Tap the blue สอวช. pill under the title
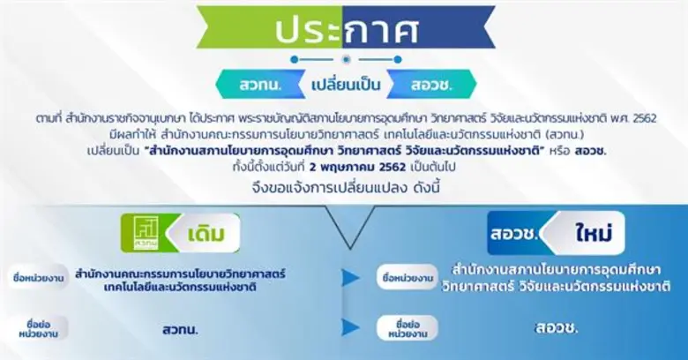click(431, 86)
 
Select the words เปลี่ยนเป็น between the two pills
click(344, 86)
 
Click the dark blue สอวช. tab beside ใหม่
click(514, 235)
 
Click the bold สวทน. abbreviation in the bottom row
click(180, 328)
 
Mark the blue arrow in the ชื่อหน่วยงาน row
click(350, 277)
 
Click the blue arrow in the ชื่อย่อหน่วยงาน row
click(350, 327)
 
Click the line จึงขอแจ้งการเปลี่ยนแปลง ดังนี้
click(343, 187)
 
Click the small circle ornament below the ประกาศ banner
click(344, 58)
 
